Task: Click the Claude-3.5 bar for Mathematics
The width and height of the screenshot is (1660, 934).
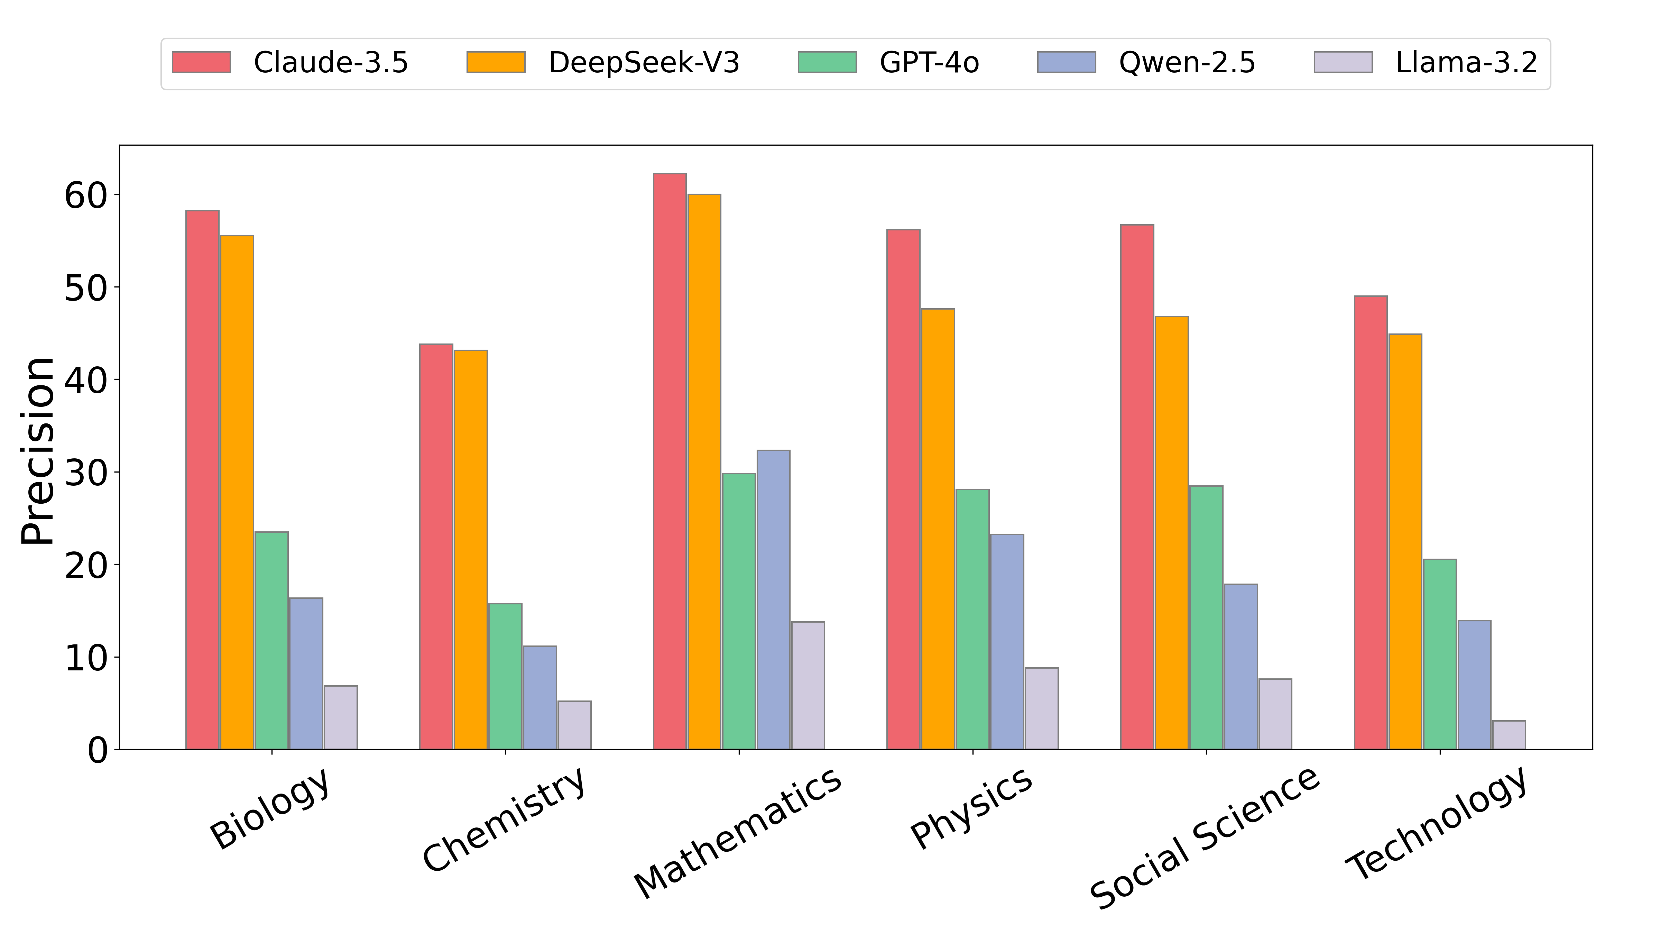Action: (670, 461)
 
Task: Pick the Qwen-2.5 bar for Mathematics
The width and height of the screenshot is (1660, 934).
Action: (773, 599)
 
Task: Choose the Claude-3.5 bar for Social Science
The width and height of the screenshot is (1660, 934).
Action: (1137, 487)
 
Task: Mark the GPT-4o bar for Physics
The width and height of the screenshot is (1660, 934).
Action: (972, 619)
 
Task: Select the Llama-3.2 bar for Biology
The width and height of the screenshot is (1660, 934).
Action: (340, 717)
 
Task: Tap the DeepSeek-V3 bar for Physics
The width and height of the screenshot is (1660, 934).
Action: (938, 529)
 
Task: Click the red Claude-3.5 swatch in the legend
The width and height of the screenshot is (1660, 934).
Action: (201, 63)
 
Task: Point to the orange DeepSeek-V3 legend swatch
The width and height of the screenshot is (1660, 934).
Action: (496, 63)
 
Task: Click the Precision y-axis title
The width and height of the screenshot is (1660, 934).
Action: (37, 451)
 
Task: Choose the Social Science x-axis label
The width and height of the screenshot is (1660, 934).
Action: (1204, 838)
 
